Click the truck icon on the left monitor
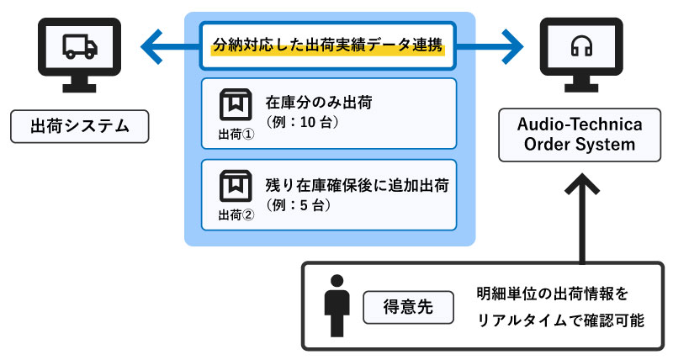tap(80, 49)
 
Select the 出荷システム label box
tap(80, 127)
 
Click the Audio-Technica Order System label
tap(581, 135)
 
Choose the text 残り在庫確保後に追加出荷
tap(354, 184)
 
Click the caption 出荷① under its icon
tap(236, 135)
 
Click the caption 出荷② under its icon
tap(236, 214)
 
